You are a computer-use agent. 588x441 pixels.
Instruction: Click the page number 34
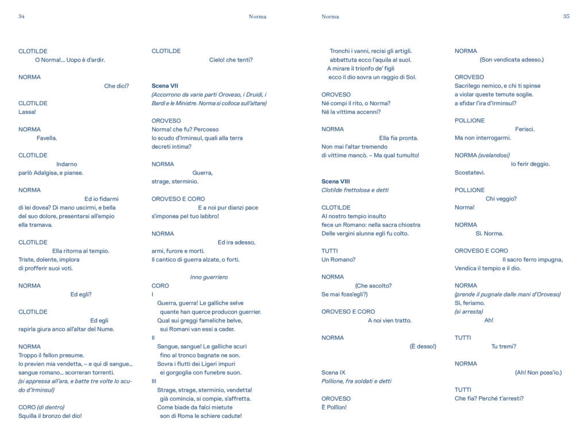[21, 17]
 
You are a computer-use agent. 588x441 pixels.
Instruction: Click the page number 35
[566, 17]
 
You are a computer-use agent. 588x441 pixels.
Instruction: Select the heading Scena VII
[165, 86]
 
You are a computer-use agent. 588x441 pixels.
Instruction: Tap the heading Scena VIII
[336, 181]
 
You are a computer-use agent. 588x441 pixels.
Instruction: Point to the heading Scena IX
[334, 373]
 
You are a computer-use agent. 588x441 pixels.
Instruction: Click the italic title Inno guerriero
[208, 277]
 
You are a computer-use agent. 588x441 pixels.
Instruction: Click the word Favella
[47, 138]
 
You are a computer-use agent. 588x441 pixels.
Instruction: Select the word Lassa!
[27, 112]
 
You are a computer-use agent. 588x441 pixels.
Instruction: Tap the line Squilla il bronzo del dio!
[50, 416]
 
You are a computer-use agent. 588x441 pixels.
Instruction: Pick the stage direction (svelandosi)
[494, 155]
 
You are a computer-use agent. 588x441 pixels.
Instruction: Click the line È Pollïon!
[334, 407]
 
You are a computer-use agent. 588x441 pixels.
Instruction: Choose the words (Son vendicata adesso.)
[512, 60]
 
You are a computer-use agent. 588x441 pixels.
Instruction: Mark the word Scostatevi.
[470, 172]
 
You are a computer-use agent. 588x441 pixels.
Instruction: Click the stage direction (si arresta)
[469, 312]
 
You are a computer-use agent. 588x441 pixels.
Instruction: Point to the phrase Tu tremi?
[504, 346]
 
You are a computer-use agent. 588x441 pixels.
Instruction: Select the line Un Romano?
[338, 260]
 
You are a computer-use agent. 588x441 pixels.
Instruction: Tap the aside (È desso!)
[423, 346]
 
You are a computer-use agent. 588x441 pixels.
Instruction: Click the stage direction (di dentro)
[51, 407]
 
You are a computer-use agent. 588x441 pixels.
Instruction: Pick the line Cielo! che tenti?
[231, 60]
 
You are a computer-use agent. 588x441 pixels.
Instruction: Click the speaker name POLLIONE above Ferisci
[470, 121]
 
